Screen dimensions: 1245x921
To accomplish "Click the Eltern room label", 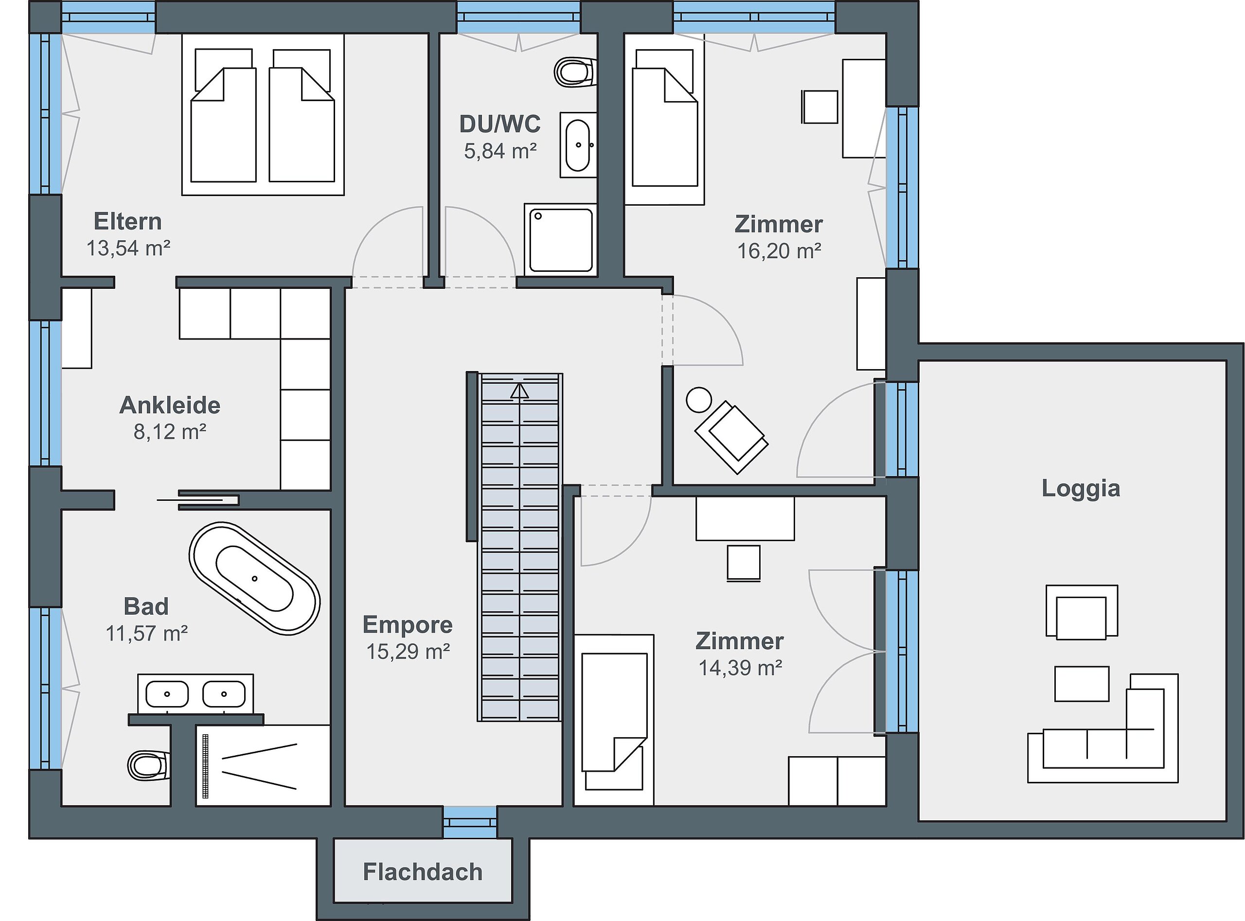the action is pyautogui.click(x=128, y=221).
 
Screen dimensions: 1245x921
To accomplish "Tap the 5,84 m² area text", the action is pyautogui.click(x=500, y=151).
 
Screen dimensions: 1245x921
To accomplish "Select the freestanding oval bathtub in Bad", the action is pyautogui.click(x=255, y=578).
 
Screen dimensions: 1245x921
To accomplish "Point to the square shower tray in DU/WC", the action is pyautogui.click(x=560, y=240).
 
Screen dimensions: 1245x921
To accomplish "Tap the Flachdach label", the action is pyautogui.click(x=423, y=872).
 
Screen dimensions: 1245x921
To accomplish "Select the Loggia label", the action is pyautogui.click(x=1081, y=488).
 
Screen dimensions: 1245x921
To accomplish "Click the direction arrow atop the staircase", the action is pyautogui.click(x=519, y=390).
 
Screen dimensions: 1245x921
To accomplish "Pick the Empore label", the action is pyautogui.click(x=408, y=624).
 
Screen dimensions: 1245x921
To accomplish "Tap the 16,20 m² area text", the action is pyautogui.click(x=779, y=251).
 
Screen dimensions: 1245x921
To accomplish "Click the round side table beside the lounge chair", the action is pyautogui.click(x=698, y=400).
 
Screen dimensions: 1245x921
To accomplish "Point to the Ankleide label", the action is pyautogui.click(x=170, y=405).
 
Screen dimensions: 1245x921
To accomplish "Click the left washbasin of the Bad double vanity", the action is pyautogui.click(x=167, y=694).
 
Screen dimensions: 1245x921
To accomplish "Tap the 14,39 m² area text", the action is pyautogui.click(x=740, y=667).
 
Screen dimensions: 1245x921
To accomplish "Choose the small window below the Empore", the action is pyautogui.click(x=469, y=822).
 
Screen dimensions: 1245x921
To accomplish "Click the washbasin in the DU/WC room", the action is pyautogui.click(x=578, y=145).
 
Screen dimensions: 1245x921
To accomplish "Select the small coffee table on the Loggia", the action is pyautogui.click(x=1081, y=684).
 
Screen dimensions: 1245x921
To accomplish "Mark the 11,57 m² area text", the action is pyautogui.click(x=147, y=633).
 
